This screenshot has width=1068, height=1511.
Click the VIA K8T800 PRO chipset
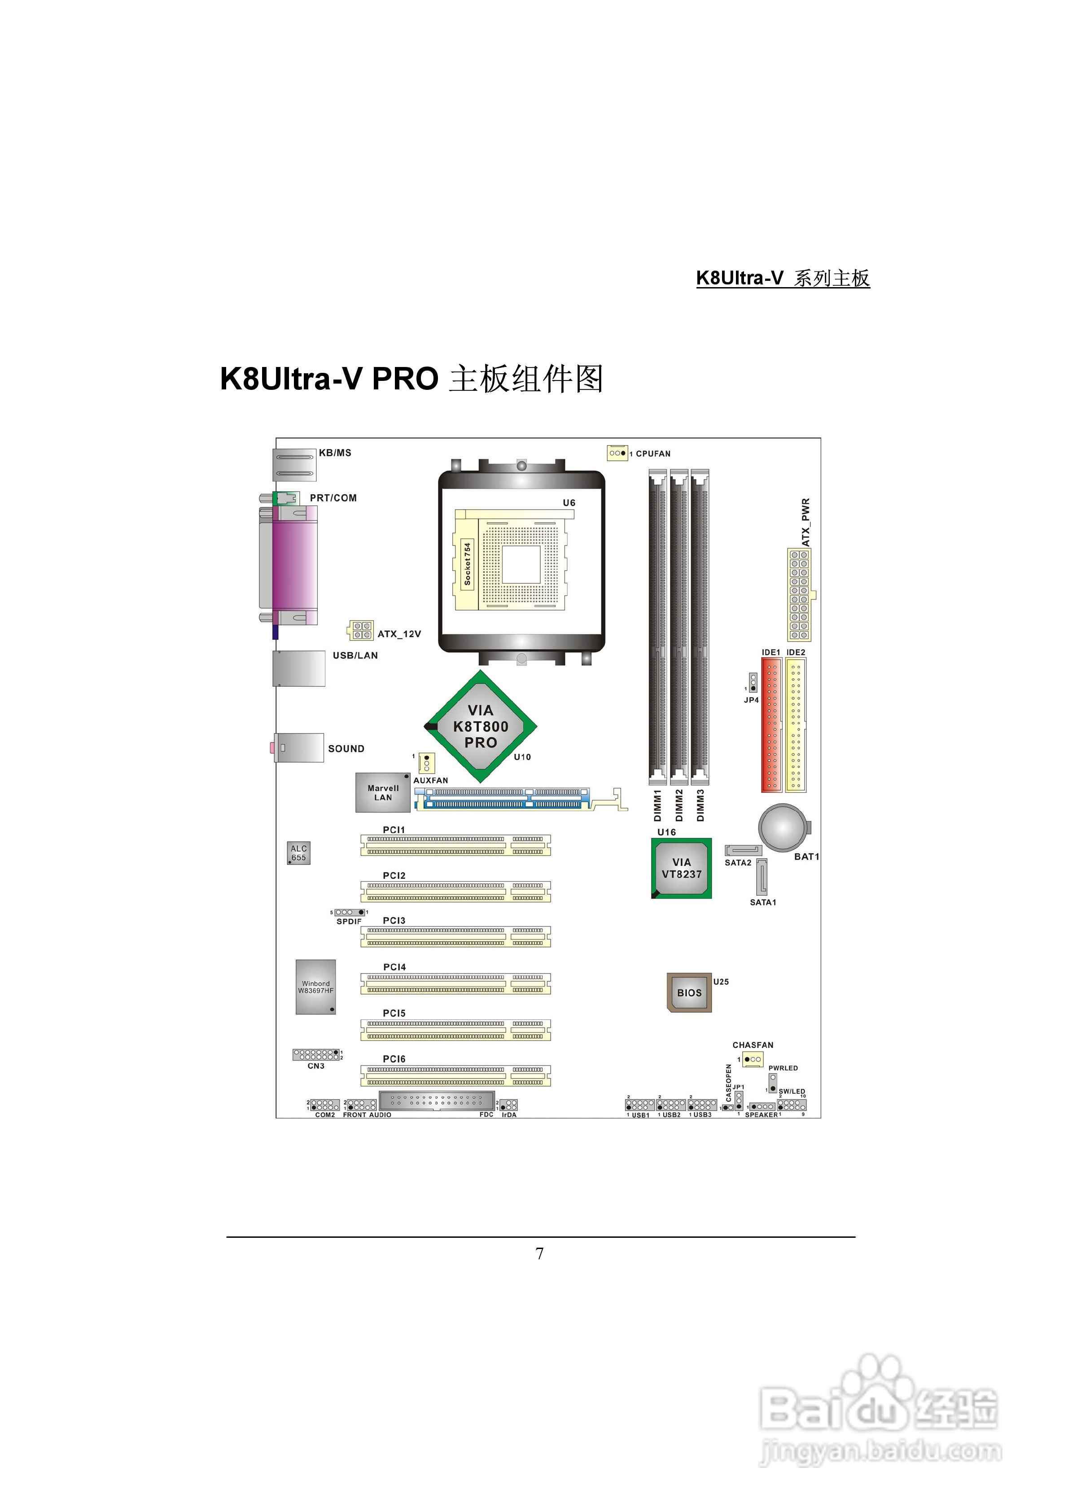click(x=481, y=726)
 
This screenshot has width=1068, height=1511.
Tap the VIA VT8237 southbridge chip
click(x=682, y=868)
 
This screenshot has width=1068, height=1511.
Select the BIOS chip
click(x=689, y=992)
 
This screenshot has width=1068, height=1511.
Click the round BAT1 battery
click(x=783, y=827)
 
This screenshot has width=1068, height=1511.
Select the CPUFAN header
click(x=617, y=453)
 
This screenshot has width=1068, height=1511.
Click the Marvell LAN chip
click(x=383, y=792)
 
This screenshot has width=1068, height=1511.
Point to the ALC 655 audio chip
click(x=298, y=853)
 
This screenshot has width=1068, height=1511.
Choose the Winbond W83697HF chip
click(x=316, y=987)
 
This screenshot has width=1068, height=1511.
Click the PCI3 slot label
click(x=394, y=921)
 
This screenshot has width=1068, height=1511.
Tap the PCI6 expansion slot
click(x=455, y=1076)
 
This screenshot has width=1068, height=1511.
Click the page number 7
click(x=539, y=1253)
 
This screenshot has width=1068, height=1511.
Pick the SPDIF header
click(x=350, y=912)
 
